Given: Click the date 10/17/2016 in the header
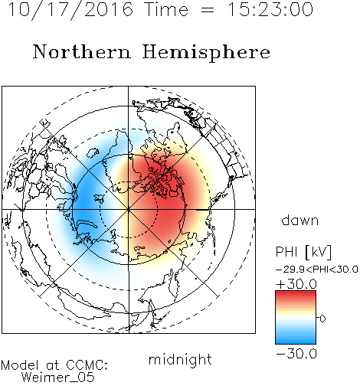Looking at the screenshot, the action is [x=71, y=9].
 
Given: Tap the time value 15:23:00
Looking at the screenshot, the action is [x=270, y=9].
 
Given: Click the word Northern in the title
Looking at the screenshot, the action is [x=82, y=51].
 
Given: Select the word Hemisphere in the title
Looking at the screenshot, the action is [x=206, y=52].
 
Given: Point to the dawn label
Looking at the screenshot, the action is [x=300, y=221].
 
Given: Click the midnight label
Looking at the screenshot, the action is [x=180, y=359].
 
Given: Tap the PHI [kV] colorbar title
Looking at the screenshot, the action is [x=303, y=252].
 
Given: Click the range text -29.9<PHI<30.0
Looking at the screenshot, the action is [x=317, y=270].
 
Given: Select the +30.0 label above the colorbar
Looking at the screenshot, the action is [x=296, y=284].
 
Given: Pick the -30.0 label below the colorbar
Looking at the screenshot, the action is [x=296, y=354].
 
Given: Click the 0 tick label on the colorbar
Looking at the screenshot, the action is [x=322, y=319].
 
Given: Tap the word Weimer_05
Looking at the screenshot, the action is [x=58, y=378].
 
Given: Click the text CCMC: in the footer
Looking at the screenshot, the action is [x=87, y=365].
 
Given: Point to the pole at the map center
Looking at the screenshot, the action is [x=129, y=209].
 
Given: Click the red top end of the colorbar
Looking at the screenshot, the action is [x=296, y=293].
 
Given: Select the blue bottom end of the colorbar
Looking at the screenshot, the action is [x=296, y=342].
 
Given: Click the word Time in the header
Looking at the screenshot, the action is [x=166, y=9].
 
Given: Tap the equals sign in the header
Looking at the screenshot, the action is [x=208, y=10].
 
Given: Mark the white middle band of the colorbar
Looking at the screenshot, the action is [x=296, y=318].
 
